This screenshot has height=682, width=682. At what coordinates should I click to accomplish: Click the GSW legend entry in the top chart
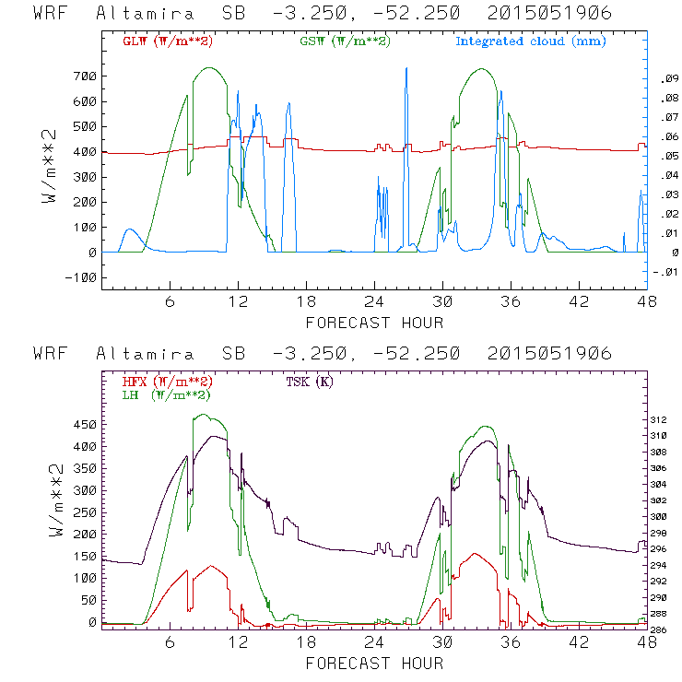click(x=346, y=41)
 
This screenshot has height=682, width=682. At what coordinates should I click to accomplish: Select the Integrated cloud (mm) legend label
click(x=531, y=41)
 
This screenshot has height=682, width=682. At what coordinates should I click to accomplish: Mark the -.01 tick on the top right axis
click(x=668, y=271)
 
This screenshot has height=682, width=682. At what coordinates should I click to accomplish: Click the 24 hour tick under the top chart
click(x=374, y=301)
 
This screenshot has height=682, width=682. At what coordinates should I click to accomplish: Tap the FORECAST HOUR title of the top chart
click(x=374, y=323)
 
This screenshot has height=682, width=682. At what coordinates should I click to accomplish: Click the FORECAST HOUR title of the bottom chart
click(x=374, y=663)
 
